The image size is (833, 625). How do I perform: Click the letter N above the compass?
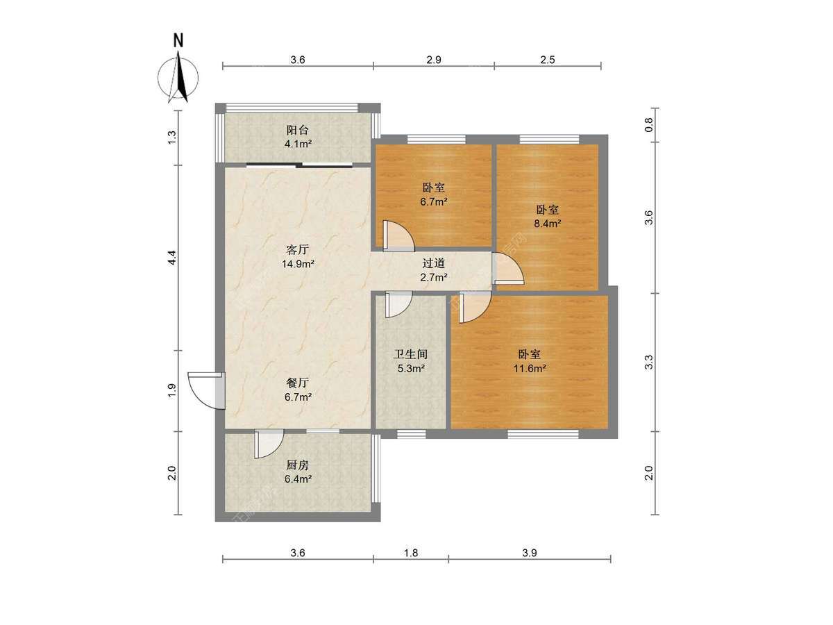pos(178,40)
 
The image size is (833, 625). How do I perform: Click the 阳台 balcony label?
pos(297,130)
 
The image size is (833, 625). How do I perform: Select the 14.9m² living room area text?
pos(298,264)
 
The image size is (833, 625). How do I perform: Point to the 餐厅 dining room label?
pos(298,383)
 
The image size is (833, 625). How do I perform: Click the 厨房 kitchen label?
pos(298,465)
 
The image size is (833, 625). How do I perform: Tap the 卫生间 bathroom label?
pos(411,354)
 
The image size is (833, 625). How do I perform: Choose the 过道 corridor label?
pos(433,263)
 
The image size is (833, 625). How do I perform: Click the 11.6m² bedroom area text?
pos(530,368)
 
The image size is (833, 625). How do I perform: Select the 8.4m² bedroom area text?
pos(548,224)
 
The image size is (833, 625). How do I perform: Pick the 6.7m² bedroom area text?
pos(433,201)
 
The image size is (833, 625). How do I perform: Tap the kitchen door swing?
pos(269,444)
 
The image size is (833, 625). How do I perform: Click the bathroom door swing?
pos(398,304)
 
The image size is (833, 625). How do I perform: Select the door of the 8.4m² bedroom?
pos(508,269)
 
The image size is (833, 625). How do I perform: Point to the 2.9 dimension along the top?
pos(434,60)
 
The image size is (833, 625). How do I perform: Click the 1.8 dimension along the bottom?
pos(411,553)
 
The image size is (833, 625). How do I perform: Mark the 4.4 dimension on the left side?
pos(172,258)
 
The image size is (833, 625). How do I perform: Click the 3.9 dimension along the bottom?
pos(530,553)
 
